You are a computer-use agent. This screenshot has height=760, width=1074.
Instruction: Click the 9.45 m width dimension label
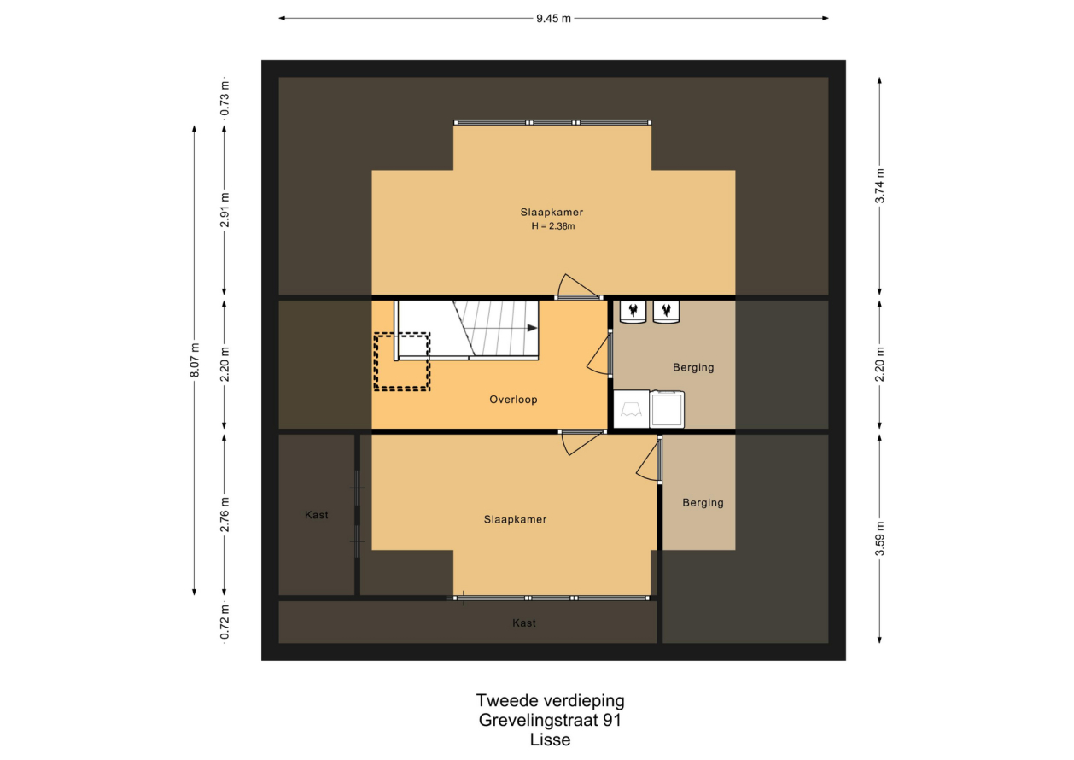coord(553,19)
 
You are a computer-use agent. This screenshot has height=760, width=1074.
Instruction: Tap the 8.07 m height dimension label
coord(195,360)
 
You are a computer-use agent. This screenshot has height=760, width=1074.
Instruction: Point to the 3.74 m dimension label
coord(880,186)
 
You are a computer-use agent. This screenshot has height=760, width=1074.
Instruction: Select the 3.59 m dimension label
coord(880,539)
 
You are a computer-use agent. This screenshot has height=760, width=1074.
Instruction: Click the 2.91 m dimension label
coord(225,210)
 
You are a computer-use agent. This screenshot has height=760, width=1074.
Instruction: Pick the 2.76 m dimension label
coord(225,515)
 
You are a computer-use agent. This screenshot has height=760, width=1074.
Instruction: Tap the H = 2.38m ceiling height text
coord(553,226)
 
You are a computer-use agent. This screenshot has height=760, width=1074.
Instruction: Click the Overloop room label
coord(513,400)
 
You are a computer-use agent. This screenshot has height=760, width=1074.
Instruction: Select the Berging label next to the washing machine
coord(693,368)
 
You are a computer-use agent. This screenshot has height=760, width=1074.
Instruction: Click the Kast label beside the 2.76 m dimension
coord(317,515)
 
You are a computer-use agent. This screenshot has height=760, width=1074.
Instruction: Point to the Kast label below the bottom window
coord(524,623)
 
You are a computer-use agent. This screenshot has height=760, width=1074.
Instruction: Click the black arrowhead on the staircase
coord(532,328)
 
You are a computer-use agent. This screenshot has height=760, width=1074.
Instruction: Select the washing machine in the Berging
coord(667,409)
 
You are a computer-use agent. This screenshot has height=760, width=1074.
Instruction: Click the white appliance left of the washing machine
coord(632,409)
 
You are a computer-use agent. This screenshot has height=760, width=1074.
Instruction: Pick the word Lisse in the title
coord(550,740)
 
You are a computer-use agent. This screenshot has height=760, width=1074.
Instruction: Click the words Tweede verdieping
coord(550,700)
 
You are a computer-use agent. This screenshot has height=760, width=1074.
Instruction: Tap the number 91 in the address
coord(612,720)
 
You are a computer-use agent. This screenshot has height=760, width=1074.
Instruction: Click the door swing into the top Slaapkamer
coord(577,287)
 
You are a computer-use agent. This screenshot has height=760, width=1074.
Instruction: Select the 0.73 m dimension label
coord(225,98)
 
